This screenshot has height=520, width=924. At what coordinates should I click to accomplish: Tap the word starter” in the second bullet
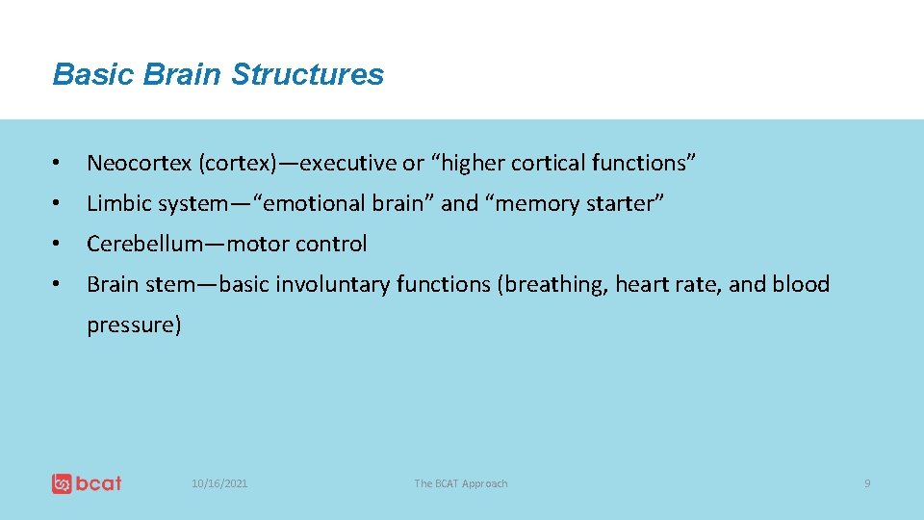625,204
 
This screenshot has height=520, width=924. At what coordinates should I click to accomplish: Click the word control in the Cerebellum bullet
331,245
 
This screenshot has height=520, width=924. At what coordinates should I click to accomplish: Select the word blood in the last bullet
801,285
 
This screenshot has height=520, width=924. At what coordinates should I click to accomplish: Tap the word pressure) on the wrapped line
134,325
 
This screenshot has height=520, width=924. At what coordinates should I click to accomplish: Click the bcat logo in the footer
87,482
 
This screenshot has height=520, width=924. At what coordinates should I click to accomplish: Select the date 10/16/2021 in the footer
219,483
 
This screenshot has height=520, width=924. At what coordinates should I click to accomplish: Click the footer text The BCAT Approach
460,483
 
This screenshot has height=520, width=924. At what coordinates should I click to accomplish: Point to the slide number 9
866,483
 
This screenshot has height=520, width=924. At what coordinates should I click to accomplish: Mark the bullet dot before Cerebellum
59,245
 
